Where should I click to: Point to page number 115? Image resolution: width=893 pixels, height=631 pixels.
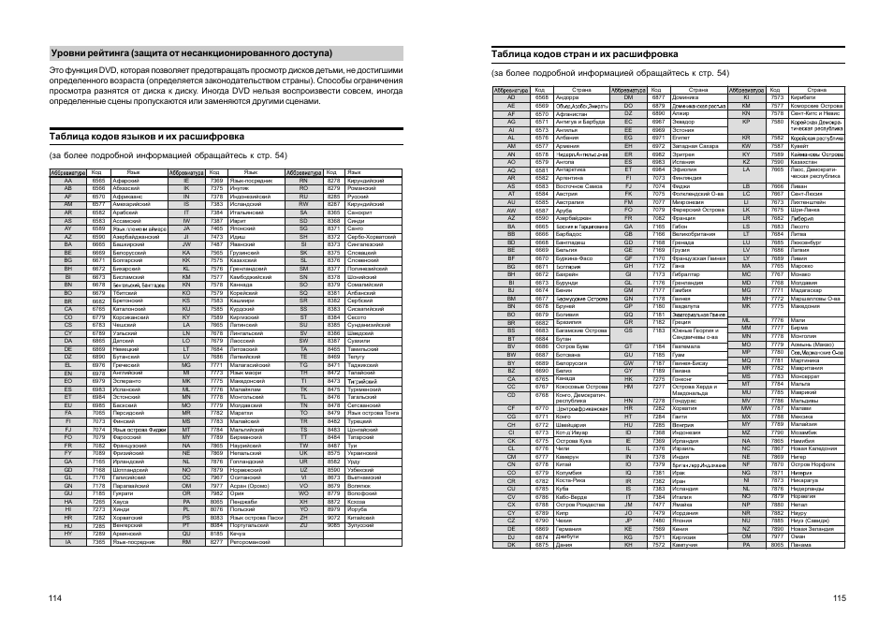839,599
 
